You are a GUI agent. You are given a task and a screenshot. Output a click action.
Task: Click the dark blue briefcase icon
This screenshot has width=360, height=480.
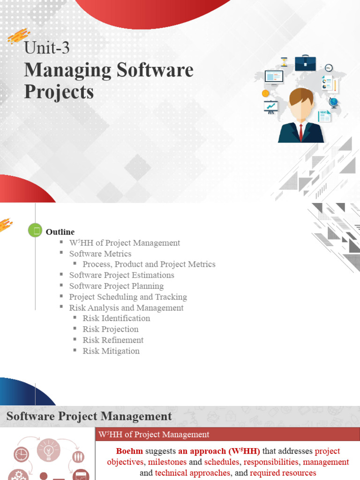pyautogui.click(x=305, y=63)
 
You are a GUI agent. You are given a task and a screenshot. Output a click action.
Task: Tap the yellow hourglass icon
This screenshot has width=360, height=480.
pyautogui.click(x=284, y=62)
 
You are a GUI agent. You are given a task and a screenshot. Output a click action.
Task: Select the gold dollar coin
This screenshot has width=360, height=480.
pyautogui.click(x=265, y=93)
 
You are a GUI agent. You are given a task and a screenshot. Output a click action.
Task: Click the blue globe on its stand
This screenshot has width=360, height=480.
pyautogui.click(x=334, y=103)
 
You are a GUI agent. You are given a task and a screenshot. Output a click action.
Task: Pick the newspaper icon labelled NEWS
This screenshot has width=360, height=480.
pyautogui.click(x=324, y=116)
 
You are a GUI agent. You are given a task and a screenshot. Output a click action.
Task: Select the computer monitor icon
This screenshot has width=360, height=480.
pyautogui.click(x=274, y=76)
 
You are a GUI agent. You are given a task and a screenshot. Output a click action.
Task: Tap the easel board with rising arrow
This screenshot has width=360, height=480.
pyautogui.click(x=270, y=107)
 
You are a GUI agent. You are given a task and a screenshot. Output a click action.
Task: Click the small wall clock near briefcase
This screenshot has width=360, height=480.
pyautogui.click(x=329, y=67)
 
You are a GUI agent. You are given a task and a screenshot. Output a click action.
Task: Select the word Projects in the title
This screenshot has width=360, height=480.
pyautogui.click(x=59, y=92)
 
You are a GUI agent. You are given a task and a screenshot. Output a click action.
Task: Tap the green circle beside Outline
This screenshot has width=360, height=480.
pyautogui.click(x=35, y=230)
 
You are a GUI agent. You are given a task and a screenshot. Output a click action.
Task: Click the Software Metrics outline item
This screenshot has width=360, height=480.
pyautogui.click(x=100, y=254)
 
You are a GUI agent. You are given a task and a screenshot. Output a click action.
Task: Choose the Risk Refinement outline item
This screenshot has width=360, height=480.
pyautogui.click(x=113, y=340)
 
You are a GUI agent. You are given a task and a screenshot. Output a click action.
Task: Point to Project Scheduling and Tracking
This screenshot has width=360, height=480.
pyautogui.click(x=128, y=297)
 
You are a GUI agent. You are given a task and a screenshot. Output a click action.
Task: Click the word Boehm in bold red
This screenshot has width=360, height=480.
pyautogui.click(x=130, y=451)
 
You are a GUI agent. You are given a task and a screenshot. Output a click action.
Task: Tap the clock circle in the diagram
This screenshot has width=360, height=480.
pyautogui.click(x=21, y=454)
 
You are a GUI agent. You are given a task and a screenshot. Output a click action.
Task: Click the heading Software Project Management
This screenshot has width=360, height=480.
pyautogui.click(x=89, y=416)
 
